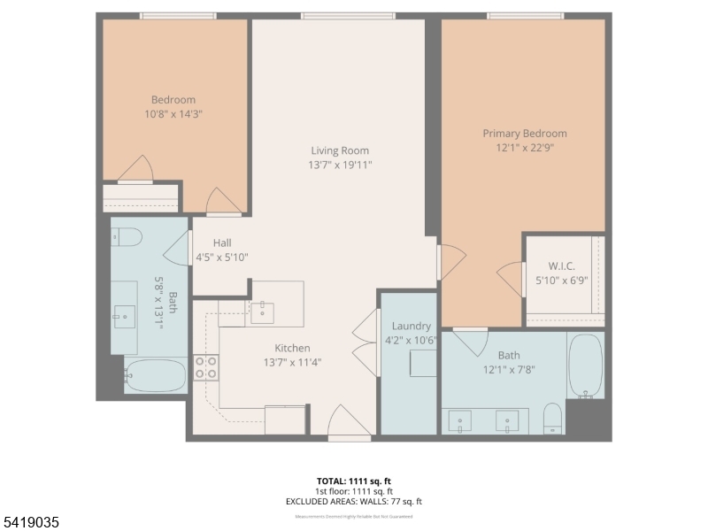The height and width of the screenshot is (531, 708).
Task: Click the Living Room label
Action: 339,150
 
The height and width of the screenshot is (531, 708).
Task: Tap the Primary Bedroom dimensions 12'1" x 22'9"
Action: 524,149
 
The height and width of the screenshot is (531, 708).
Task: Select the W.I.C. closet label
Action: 561,266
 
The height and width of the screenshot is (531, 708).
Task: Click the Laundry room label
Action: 411,326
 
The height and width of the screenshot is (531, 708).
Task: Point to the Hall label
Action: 221,242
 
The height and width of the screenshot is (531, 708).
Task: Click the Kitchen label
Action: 292,348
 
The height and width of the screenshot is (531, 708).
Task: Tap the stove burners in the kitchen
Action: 206,367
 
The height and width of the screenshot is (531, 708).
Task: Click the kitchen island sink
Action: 262,312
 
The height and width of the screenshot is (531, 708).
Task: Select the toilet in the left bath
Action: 127,236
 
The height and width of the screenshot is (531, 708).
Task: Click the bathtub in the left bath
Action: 155,375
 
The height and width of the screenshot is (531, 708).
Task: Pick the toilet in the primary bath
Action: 552,418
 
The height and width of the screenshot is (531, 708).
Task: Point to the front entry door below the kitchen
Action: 350,423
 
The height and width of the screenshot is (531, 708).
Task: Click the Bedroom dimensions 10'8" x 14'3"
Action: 173,114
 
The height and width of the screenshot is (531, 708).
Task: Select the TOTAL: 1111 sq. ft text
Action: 353,481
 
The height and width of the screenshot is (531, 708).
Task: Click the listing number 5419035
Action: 31,523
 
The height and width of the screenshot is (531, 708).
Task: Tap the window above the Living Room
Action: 348,15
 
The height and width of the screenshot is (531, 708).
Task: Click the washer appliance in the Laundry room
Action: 422,363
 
